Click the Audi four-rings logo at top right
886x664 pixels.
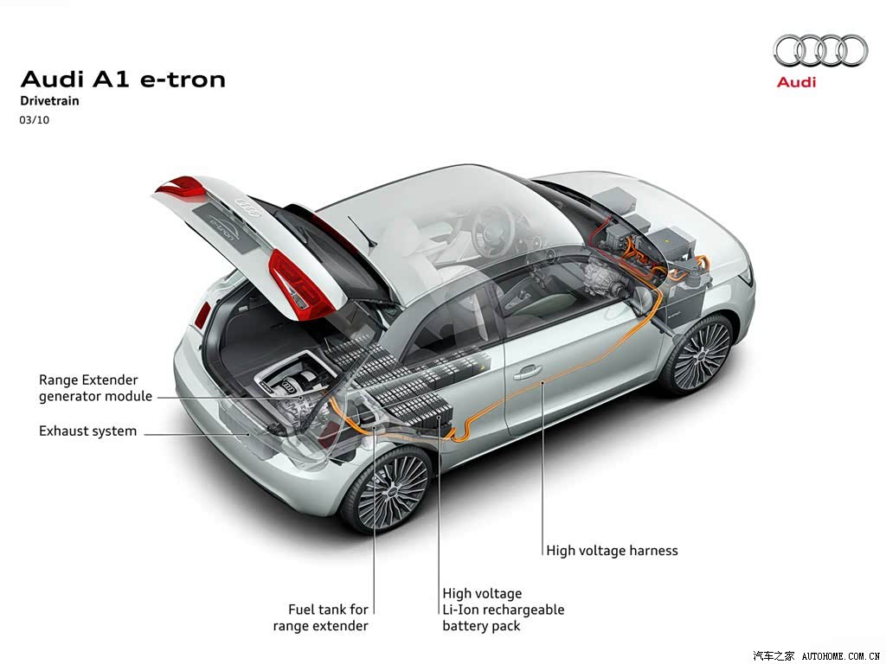[x=820, y=50]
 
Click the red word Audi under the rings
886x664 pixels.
[x=796, y=82]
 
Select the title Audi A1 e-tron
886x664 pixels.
[x=123, y=80]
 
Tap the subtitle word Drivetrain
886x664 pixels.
[x=49, y=101]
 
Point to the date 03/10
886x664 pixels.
[x=34, y=119]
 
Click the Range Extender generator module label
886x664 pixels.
[x=95, y=388]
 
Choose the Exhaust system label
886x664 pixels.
[x=87, y=431]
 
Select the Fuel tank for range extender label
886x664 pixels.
[x=320, y=617]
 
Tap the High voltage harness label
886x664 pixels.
[x=612, y=551]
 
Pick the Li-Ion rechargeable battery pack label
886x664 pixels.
[x=503, y=610]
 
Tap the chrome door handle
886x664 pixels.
[x=527, y=372]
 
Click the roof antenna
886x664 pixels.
[x=362, y=231]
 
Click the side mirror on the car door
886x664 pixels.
[x=643, y=300]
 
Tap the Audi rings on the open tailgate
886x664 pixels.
[x=248, y=207]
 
